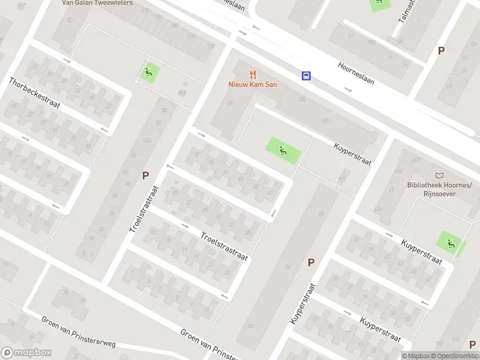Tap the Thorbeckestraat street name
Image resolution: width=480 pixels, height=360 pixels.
[x=34, y=92]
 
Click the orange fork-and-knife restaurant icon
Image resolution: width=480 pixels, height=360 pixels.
[x=253, y=75]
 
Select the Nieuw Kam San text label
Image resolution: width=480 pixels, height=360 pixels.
[x=253, y=85]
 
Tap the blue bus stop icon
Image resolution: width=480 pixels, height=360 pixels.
[x=306, y=76]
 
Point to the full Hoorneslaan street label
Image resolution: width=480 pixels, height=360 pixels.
[x=356, y=73]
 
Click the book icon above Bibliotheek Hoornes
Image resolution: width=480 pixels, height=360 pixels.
[x=440, y=175]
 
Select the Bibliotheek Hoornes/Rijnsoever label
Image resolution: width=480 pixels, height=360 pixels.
[x=440, y=189]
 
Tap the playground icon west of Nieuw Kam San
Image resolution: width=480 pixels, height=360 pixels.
[x=149, y=73]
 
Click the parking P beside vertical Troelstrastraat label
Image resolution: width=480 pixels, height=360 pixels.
[x=145, y=176]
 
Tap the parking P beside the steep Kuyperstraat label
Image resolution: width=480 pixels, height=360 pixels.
[x=311, y=262]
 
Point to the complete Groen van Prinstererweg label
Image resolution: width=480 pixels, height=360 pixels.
[x=78, y=331]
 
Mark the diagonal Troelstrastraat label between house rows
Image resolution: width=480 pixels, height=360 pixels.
[x=224, y=246]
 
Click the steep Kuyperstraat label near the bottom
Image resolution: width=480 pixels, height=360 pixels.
[x=302, y=304]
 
